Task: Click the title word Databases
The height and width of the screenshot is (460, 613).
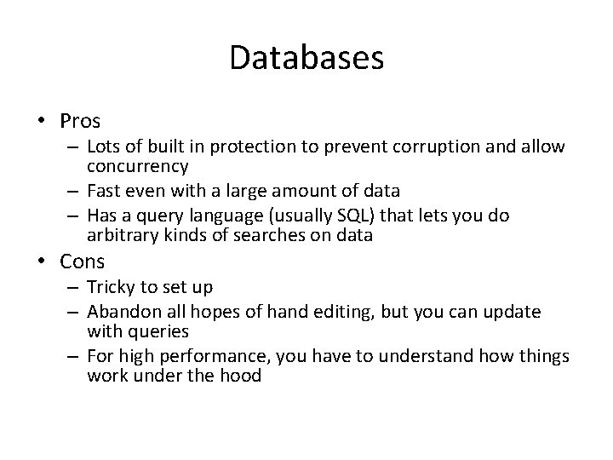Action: pyautogui.click(x=306, y=59)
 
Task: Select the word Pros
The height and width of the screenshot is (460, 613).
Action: pyautogui.click(x=81, y=120)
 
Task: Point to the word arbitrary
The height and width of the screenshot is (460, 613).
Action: pyautogui.click(x=123, y=234)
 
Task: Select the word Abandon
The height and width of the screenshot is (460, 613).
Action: pyautogui.click(x=121, y=312)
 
